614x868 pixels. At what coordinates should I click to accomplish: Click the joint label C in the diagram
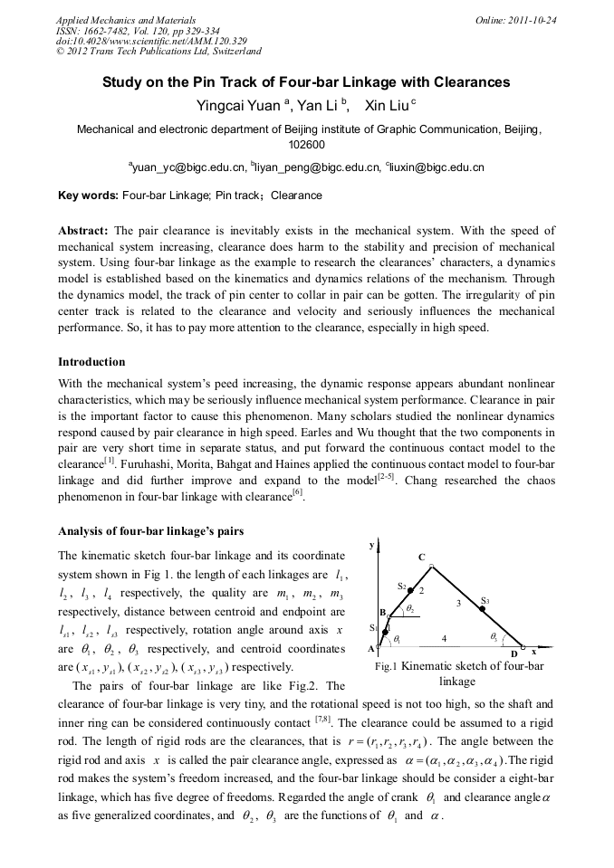click(x=422, y=557)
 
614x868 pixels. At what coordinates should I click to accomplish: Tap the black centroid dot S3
click(x=482, y=610)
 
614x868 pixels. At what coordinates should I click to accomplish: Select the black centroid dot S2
click(x=410, y=589)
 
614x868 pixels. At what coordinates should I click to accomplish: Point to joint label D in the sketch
click(x=514, y=653)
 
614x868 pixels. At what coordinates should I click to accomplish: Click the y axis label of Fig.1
click(x=372, y=545)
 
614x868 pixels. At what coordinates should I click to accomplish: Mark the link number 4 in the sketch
click(x=444, y=638)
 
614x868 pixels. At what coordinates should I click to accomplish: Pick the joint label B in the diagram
click(x=382, y=613)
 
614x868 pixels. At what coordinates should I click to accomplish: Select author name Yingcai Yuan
click(x=236, y=106)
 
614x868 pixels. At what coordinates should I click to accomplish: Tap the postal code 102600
click(x=307, y=144)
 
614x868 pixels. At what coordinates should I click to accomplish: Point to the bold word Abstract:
click(x=83, y=231)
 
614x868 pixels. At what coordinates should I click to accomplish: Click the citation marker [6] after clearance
click(x=297, y=495)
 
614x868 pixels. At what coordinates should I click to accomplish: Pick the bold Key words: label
click(x=88, y=195)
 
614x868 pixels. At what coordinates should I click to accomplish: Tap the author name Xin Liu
click(x=386, y=106)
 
